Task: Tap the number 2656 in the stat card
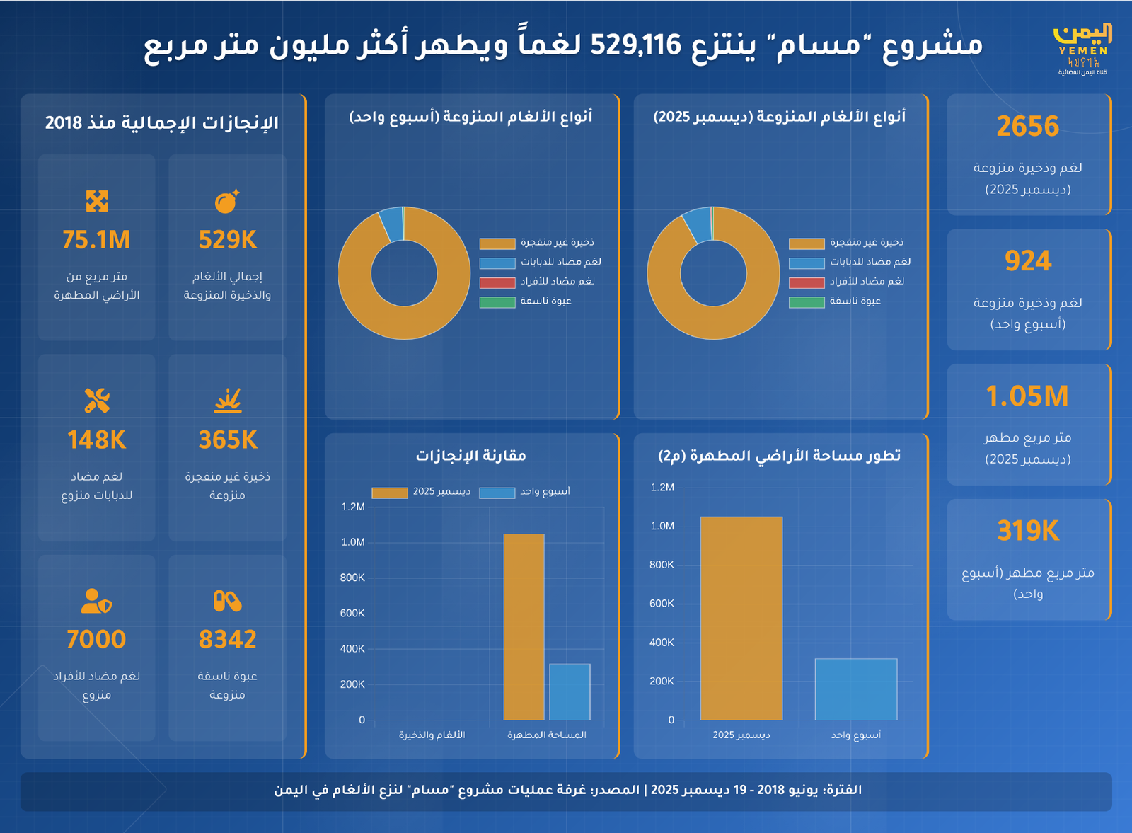click(x=1028, y=127)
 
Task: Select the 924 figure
click(x=1028, y=261)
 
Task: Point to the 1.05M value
click(x=1027, y=396)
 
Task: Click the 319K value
click(x=1028, y=531)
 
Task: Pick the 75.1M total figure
click(x=96, y=240)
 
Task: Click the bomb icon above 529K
click(x=227, y=202)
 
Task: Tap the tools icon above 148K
click(x=96, y=401)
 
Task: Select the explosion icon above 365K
click(x=227, y=401)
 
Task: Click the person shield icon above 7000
click(x=96, y=601)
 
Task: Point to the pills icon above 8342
click(x=227, y=601)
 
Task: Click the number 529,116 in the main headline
click(x=635, y=45)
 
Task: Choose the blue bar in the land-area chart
click(x=856, y=689)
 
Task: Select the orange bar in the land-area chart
click(x=741, y=619)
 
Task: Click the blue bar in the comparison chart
click(x=570, y=691)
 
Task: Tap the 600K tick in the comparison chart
click(x=352, y=614)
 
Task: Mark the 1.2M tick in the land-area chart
click(x=662, y=488)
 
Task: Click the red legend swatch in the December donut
click(x=807, y=283)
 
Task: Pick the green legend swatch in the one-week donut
click(x=497, y=303)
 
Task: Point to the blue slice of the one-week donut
click(x=391, y=223)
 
